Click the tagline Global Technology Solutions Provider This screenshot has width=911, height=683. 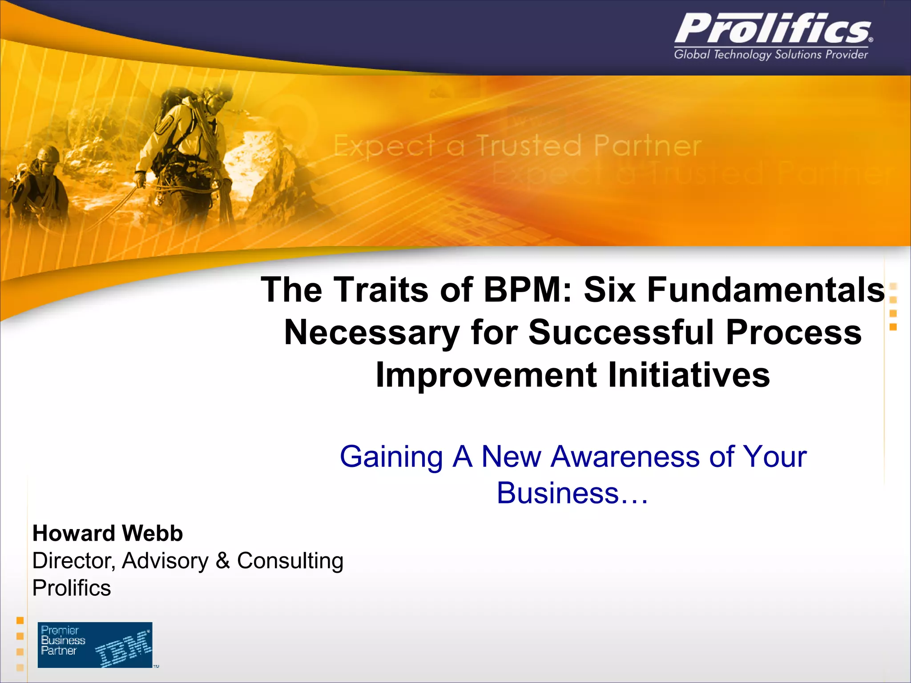(771, 55)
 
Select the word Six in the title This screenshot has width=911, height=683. (609, 290)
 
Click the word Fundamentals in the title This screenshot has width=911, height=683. (766, 290)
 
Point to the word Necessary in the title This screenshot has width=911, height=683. (371, 333)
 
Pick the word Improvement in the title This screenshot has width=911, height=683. (486, 375)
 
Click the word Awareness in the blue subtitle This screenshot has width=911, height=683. (625, 457)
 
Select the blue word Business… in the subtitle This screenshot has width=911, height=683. (572, 493)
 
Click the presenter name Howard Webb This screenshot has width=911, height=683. (108, 533)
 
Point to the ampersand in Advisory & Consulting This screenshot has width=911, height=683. (222, 560)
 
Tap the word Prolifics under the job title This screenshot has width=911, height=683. (72, 588)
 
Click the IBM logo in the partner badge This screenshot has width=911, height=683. (123, 649)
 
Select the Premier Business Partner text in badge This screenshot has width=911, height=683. (62, 640)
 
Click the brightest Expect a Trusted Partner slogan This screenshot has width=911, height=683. (517, 146)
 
